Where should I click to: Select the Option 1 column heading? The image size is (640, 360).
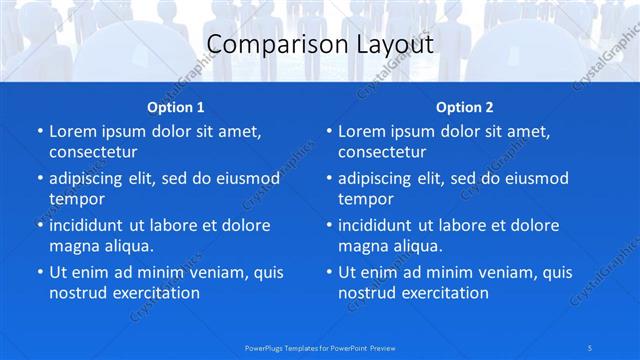tap(176, 107)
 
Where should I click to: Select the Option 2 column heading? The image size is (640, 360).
tap(465, 107)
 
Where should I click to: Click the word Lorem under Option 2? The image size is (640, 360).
tap(362, 131)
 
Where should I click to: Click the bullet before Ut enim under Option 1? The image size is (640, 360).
tap(39, 272)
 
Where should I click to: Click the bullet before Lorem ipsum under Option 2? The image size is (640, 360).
tap(328, 131)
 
